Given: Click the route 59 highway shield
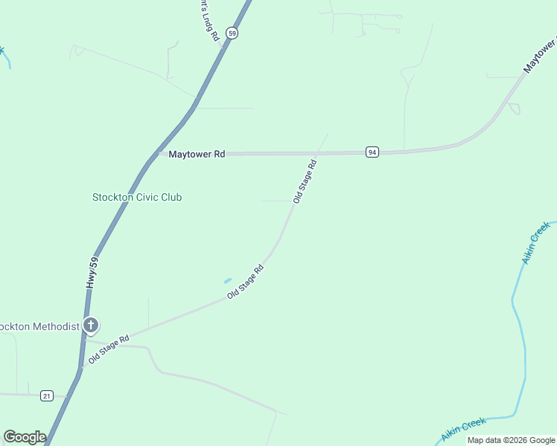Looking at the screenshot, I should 233,33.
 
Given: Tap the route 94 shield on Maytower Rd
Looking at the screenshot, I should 372,152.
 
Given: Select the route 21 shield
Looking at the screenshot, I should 47,395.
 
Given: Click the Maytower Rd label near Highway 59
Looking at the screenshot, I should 197,155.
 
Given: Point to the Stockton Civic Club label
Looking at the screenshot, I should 137,197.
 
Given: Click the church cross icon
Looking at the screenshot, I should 91,325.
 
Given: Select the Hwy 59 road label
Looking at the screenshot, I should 92,273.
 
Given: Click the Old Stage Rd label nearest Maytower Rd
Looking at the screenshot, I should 305,181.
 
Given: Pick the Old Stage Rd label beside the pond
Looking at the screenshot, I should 246,282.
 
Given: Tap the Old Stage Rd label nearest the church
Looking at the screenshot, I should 109,349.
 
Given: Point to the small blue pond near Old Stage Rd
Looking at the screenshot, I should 227,280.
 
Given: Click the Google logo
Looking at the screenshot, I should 25,437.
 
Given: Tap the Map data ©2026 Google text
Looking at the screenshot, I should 511,440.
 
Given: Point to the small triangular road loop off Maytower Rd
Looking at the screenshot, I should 514,109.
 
